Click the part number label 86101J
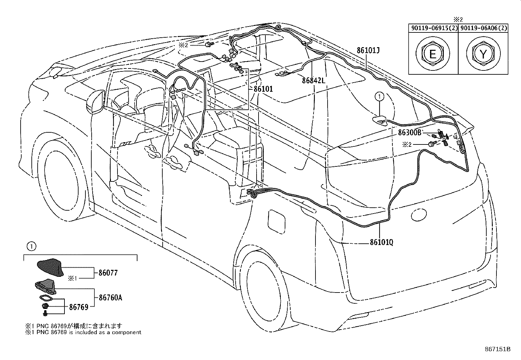click(x=368, y=50)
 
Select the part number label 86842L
click(x=314, y=81)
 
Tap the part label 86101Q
click(x=382, y=242)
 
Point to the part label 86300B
click(x=410, y=132)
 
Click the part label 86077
click(x=108, y=273)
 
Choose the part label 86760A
click(x=111, y=297)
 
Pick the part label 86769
click(x=79, y=307)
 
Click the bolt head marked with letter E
click(x=433, y=54)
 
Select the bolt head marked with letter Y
click(x=483, y=54)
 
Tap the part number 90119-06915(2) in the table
click(x=433, y=28)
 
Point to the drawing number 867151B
click(x=497, y=349)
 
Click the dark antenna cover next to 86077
click(x=51, y=267)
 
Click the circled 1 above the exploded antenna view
click(x=32, y=246)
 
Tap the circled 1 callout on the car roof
click(x=379, y=96)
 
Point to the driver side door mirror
click(x=95, y=102)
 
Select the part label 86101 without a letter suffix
click(x=263, y=89)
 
